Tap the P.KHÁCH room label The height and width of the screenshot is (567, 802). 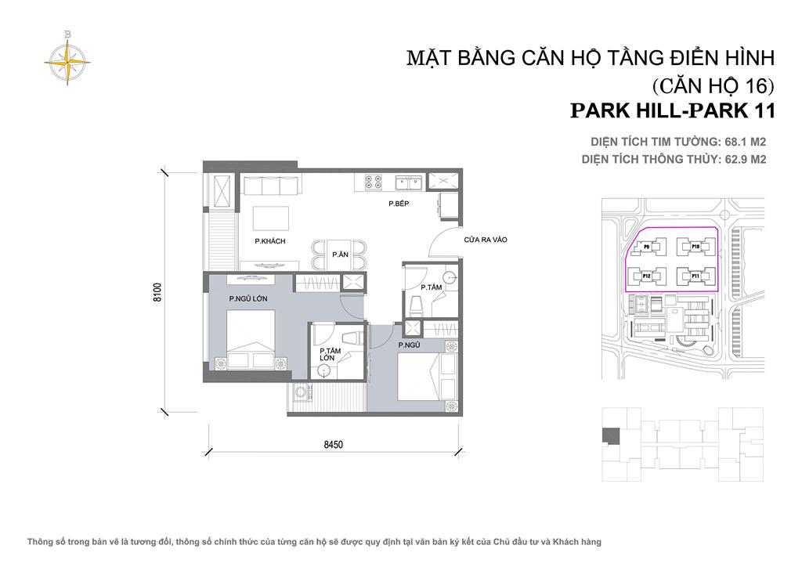tap(269, 241)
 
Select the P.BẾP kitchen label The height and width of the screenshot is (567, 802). tap(399, 204)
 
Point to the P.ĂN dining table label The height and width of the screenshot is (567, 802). tap(340, 255)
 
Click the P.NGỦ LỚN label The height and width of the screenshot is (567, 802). tap(250, 298)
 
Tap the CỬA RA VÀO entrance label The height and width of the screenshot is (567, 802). tap(486, 240)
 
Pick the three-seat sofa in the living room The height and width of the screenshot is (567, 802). tap(269, 186)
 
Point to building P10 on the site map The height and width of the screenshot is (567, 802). tap(695, 247)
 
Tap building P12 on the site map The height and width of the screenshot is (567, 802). tap(647, 276)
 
